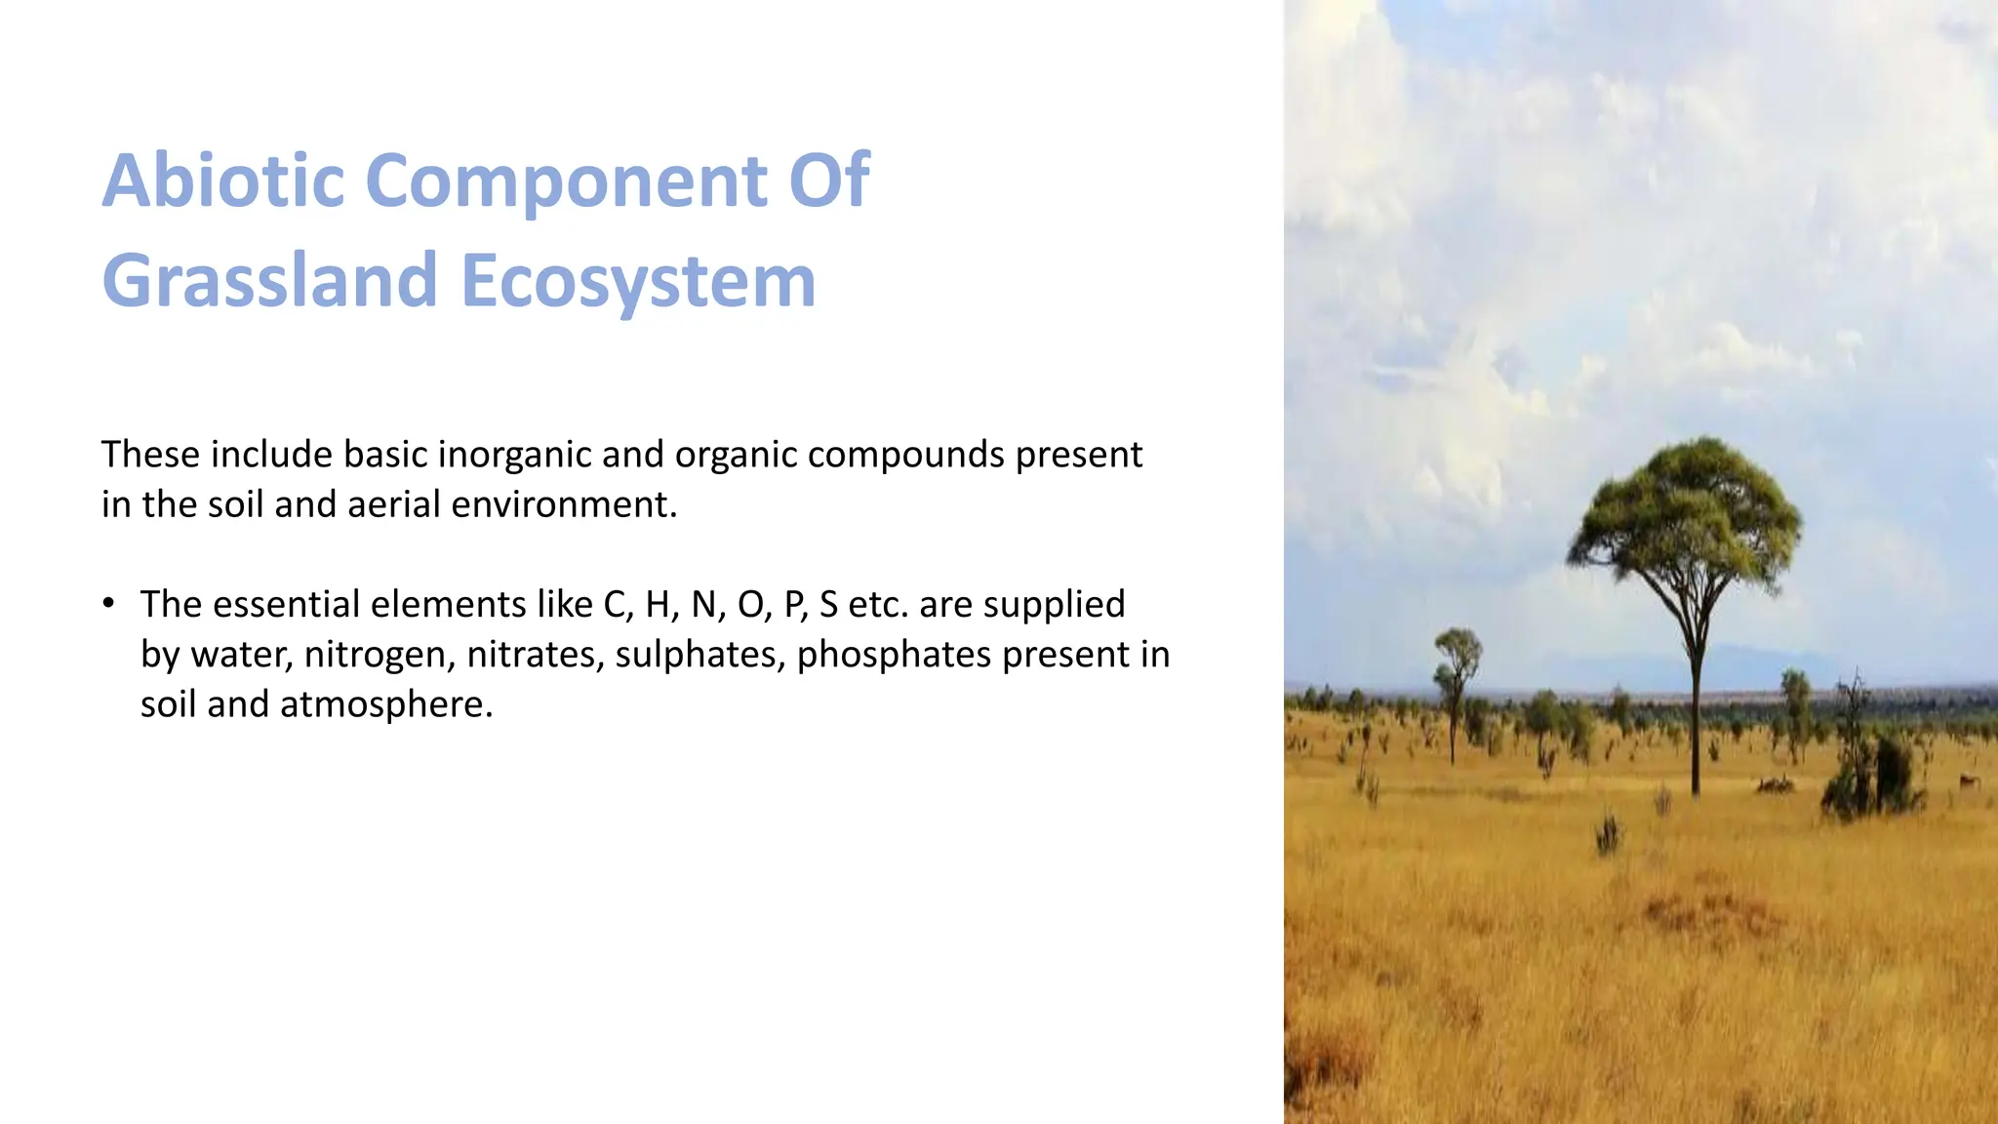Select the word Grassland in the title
(x=269, y=282)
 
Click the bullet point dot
(x=108, y=602)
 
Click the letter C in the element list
(x=615, y=605)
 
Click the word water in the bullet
(x=241, y=655)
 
